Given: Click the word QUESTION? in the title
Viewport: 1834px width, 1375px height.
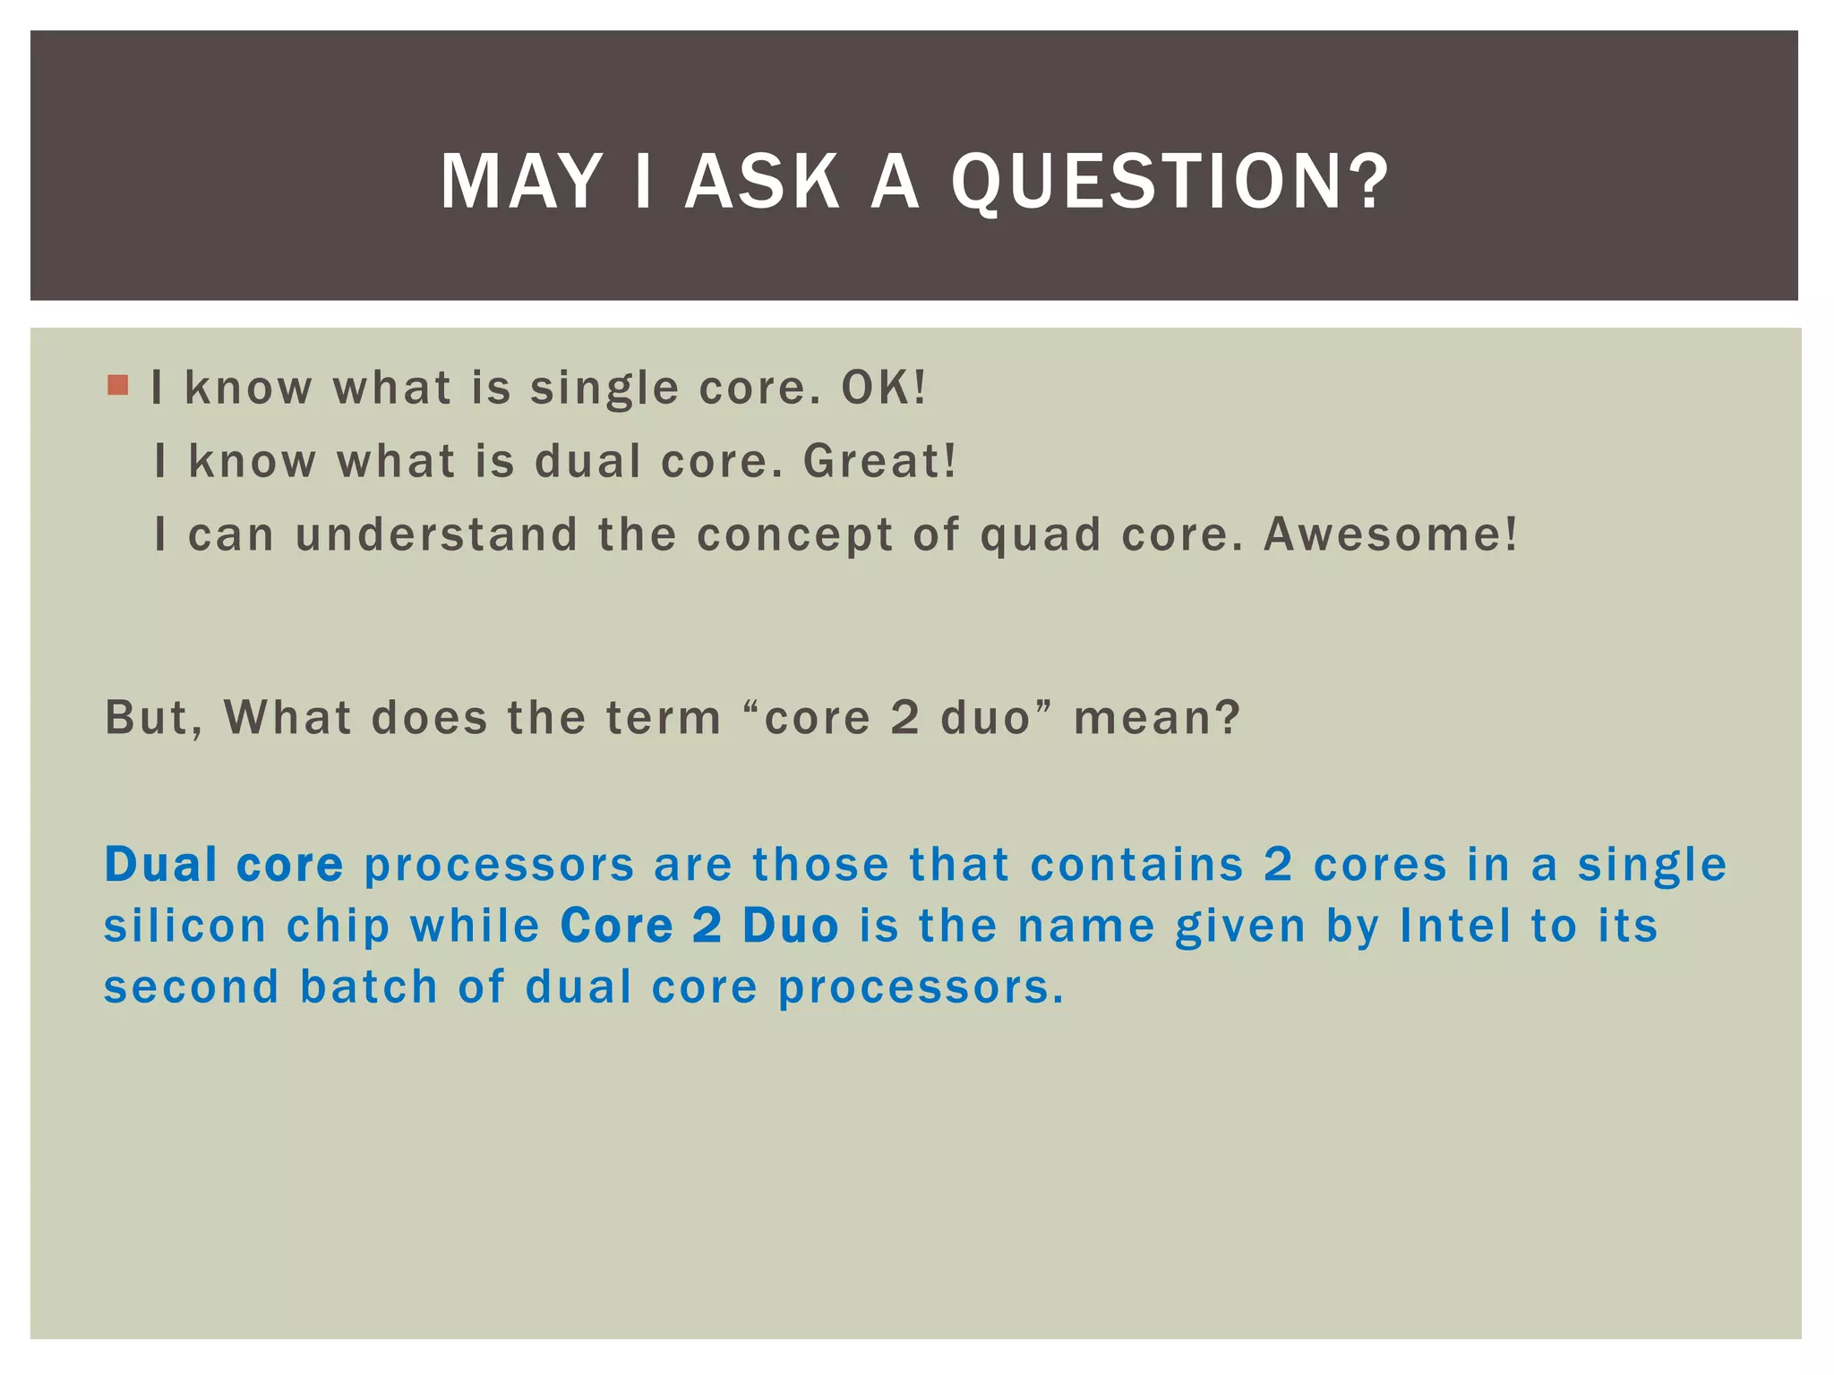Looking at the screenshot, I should pos(1169,182).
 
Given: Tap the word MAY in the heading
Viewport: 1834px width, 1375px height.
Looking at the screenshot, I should pos(520,182).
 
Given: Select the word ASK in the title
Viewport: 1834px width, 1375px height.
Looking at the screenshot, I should pos(762,182).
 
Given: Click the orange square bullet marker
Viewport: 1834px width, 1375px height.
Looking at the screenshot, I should pos(117,386).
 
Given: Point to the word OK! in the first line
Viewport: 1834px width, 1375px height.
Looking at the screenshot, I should pos(883,388).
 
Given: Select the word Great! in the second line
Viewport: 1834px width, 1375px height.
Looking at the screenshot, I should pos(879,461).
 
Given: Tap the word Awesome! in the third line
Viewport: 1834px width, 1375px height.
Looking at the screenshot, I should pos(1390,534).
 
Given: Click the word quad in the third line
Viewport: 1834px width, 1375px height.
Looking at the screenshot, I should pos(1041,536).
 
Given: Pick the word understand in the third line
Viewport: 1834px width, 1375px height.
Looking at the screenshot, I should pos(436,534).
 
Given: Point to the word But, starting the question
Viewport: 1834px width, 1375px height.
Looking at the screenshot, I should pos(154,718).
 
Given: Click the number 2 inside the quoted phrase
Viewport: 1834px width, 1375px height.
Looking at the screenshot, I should pos(905,718).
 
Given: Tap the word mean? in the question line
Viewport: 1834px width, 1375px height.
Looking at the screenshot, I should pos(1157,718).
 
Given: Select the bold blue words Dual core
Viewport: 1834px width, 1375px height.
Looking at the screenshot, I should pos(224,865).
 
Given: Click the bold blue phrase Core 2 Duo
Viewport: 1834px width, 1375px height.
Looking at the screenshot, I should pos(699,926).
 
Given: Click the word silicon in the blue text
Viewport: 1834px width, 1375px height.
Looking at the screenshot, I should pos(185,926).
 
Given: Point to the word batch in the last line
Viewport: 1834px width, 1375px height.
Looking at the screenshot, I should pos(368,986).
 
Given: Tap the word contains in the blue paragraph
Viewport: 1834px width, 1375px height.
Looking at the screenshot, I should pos(1137,865).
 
